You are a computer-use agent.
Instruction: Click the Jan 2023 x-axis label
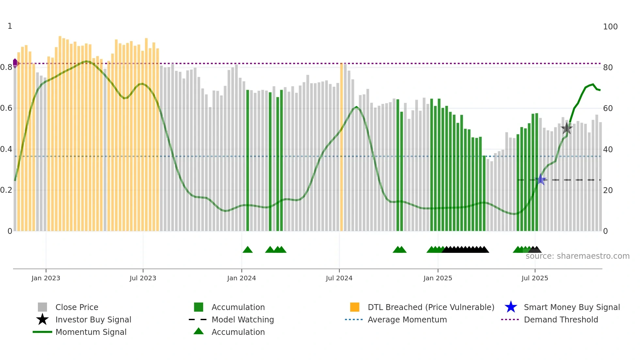click(x=46, y=278)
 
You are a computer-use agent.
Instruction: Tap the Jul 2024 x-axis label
click(x=339, y=278)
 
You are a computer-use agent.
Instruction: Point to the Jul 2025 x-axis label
click(x=535, y=278)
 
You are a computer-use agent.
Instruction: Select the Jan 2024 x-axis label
click(x=241, y=278)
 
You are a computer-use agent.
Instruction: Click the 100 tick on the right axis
click(x=610, y=27)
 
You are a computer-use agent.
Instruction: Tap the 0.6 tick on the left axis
click(x=6, y=108)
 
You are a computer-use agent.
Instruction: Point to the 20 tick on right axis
click(x=608, y=190)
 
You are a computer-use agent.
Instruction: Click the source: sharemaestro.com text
click(x=577, y=256)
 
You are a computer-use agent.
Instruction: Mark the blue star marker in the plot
click(x=541, y=179)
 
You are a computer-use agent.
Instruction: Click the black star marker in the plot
click(x=567, y=128)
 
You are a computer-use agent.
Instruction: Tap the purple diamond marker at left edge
click(x=15, y=63)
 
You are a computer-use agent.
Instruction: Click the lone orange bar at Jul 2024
click(x=342, y=147)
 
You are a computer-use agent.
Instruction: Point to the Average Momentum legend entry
click(x=407, y=319)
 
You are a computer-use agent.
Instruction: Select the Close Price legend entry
click(x=76, y=307)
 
